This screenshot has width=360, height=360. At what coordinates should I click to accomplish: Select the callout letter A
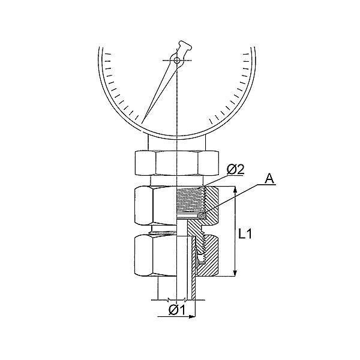[x=269, y=178]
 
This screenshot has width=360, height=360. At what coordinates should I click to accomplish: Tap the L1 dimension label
[x=245, y=234]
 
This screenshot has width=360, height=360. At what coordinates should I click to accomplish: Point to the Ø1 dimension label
[x=177, y=310]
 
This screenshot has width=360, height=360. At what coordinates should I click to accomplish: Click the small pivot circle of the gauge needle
[x=177, y=61]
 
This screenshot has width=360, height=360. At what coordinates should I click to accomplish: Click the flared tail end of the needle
[x=185, y=46]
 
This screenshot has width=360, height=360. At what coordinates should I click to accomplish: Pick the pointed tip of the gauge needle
[x=142, y=123]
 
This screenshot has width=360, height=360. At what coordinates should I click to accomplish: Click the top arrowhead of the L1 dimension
[x=235, y=190]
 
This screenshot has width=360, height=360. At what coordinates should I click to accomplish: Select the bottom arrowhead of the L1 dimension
[x=235, y=272]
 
